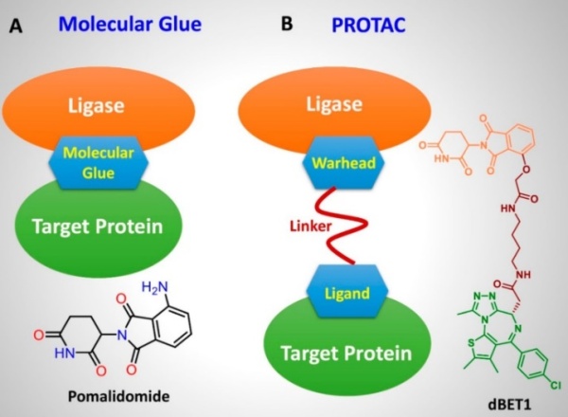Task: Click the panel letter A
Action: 15,27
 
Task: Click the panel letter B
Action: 287,24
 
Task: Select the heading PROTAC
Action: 368,26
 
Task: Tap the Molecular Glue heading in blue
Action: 130,25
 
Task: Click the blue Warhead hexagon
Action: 344,162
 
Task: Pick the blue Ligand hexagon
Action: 347,292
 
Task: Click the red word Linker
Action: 311,227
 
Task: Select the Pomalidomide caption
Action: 119,396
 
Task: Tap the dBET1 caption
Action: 509,404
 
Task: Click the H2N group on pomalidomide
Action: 155,287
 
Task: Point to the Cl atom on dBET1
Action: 556,385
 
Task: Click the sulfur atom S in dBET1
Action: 470,343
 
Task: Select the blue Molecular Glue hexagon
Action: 98,163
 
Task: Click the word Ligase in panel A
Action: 96,105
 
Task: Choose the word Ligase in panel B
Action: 334,104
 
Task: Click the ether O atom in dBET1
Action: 526,170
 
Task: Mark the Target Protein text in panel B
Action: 346,354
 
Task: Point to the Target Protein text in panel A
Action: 98,227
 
